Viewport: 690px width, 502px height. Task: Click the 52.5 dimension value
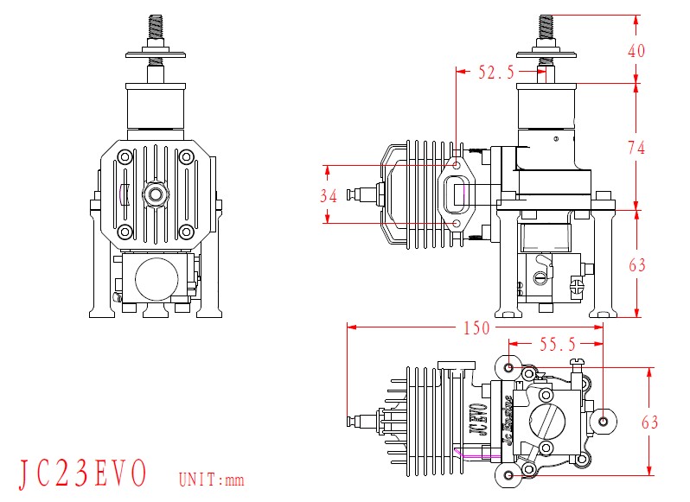(496, 73)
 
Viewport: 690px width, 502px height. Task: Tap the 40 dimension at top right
(636, 50)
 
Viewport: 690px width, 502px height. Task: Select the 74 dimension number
(636, 148)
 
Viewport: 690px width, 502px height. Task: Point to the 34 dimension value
(328, 196)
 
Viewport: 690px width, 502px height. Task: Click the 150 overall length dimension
(476, 328)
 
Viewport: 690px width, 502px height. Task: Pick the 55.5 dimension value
(558, 345)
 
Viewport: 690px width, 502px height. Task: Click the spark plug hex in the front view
(156, 194)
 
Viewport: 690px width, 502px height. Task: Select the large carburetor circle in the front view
(156, 279)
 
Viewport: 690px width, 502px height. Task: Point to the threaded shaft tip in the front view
(156, 26)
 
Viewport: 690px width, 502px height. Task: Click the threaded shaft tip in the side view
(546, 26)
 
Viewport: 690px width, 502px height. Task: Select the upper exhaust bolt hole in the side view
(457, 164)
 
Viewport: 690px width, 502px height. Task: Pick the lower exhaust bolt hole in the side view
(457, 224)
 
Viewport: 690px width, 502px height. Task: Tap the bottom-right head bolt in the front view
(185, 232)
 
